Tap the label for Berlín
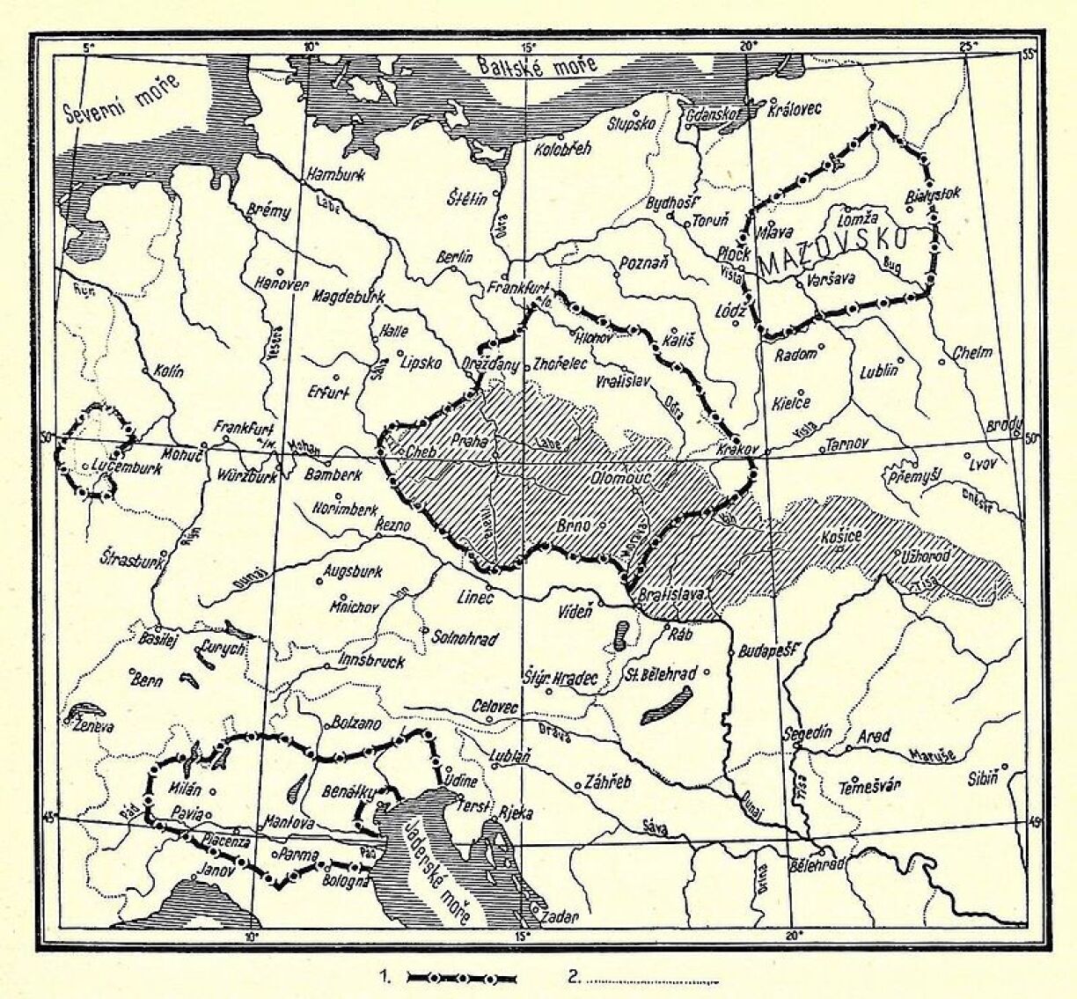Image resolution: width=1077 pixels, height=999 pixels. (x=455, y=257)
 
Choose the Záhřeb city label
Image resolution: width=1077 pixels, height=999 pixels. (x=608, y=782)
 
